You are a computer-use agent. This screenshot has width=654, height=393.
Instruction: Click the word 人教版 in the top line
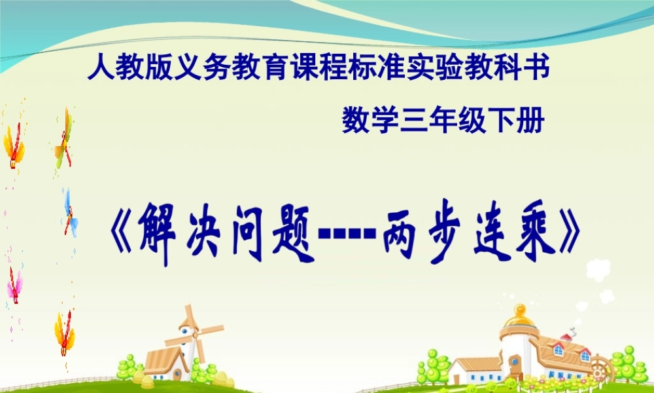tap(119, 67)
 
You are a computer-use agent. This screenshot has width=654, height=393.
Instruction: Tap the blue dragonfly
tap(69, 213)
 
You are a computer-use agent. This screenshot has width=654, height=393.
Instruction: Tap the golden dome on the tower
tap(519, 318)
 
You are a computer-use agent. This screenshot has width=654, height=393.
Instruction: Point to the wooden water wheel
tap(601, 367)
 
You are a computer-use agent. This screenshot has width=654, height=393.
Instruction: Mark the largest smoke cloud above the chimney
tap(598, 269)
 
